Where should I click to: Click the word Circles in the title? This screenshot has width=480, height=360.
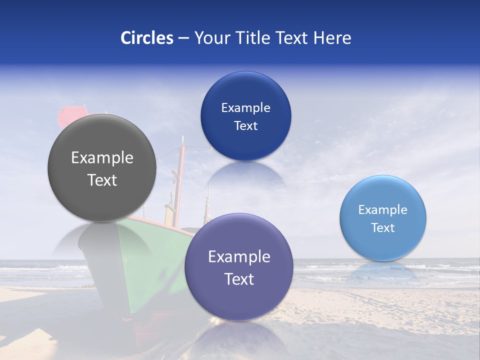(147, 38)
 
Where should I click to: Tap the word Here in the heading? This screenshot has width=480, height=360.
(332, 38)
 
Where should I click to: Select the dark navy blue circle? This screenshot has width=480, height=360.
(245, 145)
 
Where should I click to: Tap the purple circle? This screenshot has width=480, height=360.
(239, 300)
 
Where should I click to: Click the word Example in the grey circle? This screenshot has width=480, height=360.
(102, 158)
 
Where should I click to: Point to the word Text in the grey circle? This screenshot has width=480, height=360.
(102, 180)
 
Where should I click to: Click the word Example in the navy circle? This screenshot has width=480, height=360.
(245, 108)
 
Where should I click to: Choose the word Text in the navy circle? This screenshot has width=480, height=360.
(245, 126)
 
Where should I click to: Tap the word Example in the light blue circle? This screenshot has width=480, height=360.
(383, 210)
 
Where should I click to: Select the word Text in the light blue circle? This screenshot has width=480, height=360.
(383, 228)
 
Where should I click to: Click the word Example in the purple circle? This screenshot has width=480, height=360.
(239, 257)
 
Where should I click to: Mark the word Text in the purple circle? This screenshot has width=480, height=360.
(239, 279)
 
